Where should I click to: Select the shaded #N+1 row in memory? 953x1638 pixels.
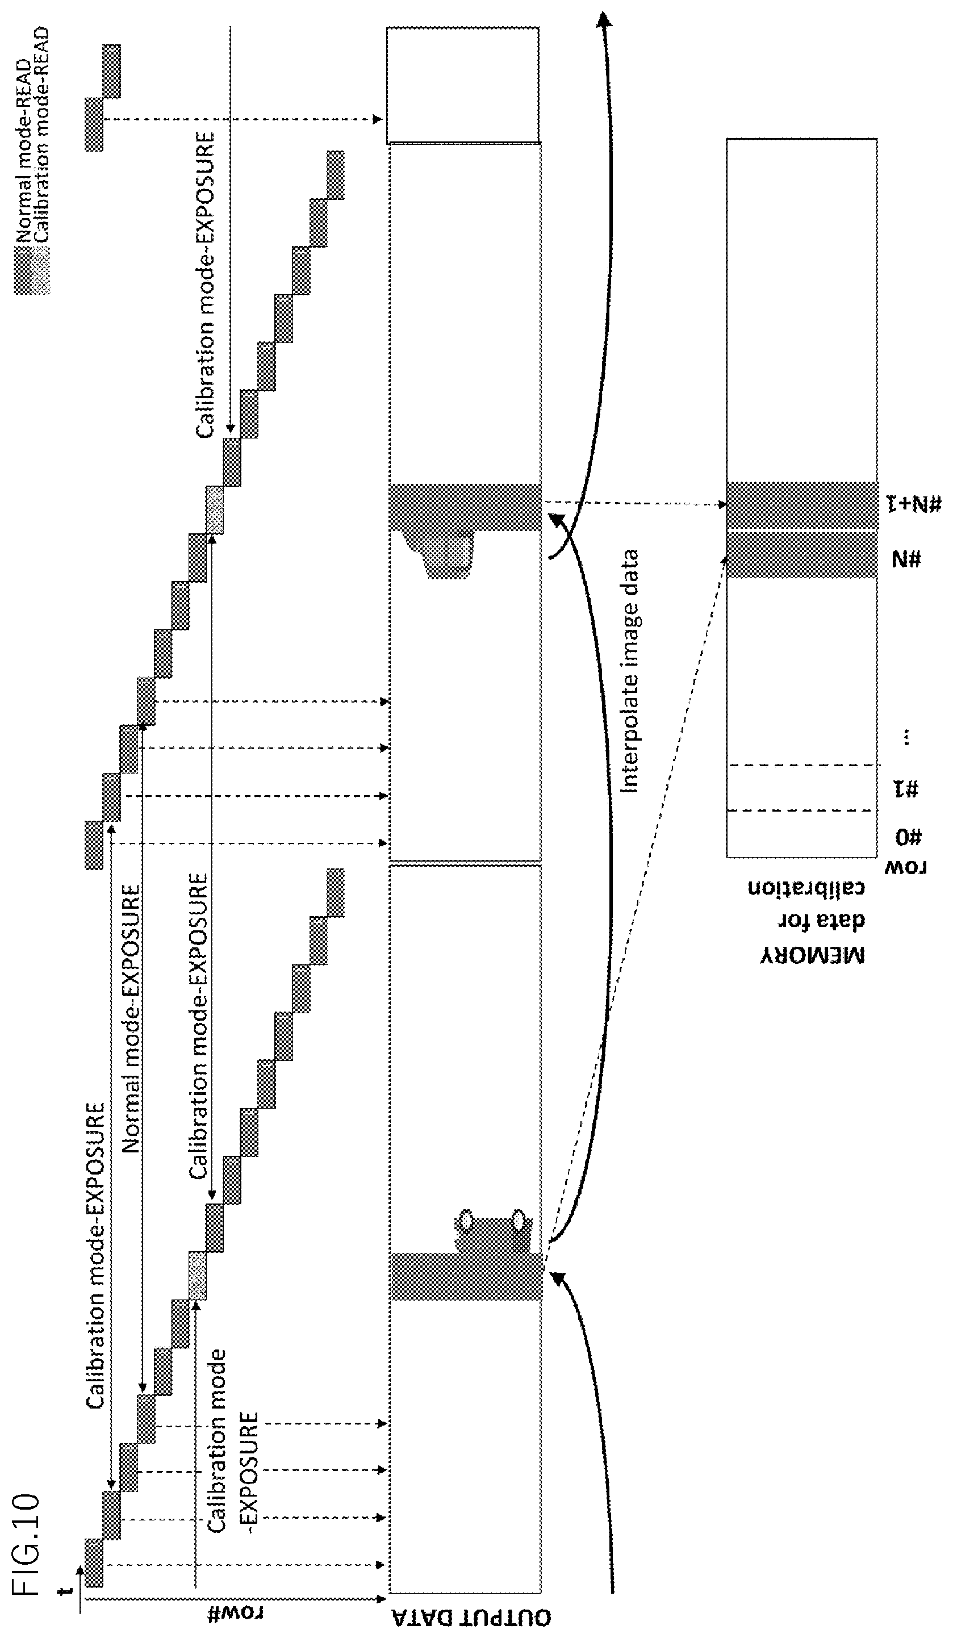click(801, 505)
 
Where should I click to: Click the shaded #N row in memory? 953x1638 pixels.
click(801, 554)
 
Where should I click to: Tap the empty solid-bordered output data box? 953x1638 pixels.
click(463, 85)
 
